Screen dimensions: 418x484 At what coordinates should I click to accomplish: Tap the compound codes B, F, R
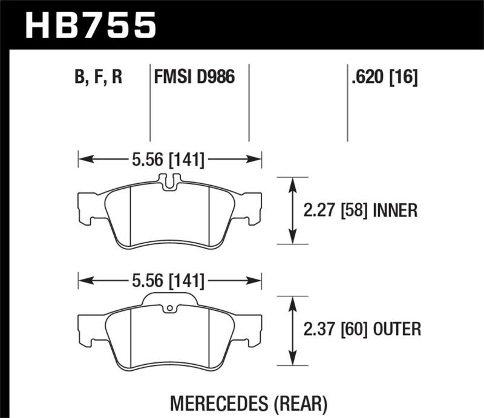pyautogui.click(x=99, y=77)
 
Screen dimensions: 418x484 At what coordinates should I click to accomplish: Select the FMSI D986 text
pyautogui.click(x=194, y=77)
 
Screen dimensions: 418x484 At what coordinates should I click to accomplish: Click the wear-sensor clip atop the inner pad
pyautogui.click(x=169, y=180)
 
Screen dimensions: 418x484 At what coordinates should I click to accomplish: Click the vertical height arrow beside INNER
pyautogui.click(x=293, y=211)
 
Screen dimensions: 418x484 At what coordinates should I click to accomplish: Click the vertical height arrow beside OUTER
pyautogui.click(x=293, y=330)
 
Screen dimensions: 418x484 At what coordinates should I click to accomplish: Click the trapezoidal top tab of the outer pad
pyautogui.click(x=169, y=300)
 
